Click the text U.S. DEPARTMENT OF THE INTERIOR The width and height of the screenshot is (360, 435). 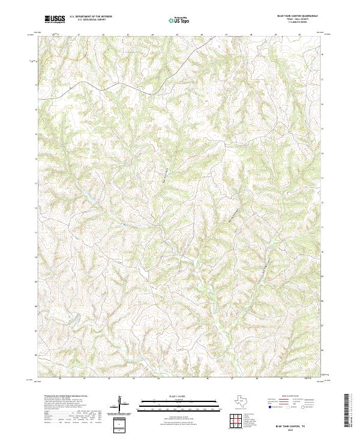[91, 17]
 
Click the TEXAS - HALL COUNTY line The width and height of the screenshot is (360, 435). [298, 20]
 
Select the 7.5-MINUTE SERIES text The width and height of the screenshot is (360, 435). [298, 23]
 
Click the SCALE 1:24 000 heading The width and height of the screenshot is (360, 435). [179, 397]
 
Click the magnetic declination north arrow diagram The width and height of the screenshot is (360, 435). [121, 406]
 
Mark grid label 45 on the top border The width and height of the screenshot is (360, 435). [178, 35]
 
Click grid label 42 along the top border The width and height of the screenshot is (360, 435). [103, 35]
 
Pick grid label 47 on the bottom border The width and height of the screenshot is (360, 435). [232, 379]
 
